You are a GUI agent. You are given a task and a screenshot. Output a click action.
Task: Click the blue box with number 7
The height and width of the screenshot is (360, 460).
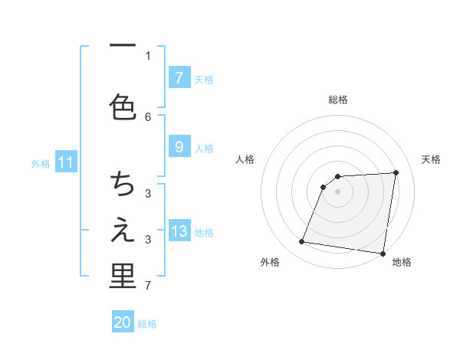(x=179, y=77)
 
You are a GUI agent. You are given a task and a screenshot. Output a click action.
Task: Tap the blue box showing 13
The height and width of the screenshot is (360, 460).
(x=179, y=231)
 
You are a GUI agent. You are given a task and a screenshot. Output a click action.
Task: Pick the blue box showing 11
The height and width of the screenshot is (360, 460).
(x=66, y=162)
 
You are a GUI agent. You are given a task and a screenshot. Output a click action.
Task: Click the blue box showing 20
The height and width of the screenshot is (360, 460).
(x=123, y=322)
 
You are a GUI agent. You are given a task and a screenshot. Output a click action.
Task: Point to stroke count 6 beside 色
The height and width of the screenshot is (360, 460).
(x=148, y=116)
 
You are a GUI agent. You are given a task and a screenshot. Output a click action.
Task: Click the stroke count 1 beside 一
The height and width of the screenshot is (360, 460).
(x=148, y=55)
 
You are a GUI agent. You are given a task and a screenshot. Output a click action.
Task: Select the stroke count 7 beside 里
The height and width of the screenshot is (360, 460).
(x=148, y=286)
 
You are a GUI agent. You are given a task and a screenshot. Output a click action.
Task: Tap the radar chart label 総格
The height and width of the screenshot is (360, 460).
(x=337, y=100)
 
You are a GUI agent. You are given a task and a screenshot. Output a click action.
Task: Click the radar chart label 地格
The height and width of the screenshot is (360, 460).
(x=402, y=263)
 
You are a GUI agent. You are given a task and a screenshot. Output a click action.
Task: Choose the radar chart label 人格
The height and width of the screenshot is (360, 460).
(x=246, y=159)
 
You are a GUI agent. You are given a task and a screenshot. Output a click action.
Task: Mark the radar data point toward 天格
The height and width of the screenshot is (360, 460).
(x=396, y=172)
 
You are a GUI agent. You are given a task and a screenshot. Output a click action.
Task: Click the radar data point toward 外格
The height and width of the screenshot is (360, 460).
(x=302, y=242)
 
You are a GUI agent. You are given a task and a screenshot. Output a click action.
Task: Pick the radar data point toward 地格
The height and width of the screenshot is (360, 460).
(x=383, y=254)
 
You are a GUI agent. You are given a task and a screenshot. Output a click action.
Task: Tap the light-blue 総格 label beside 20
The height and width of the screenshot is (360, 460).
(x=148, y=324)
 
